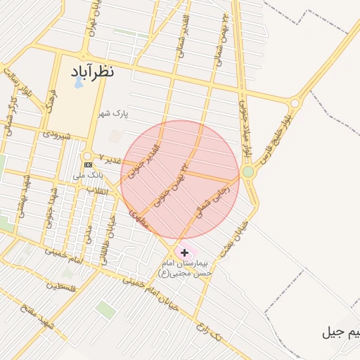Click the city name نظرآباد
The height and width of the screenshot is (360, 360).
pyautogui.click(x=92, y=72)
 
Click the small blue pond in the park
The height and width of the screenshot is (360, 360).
pyautogui.click(x=75, y=84)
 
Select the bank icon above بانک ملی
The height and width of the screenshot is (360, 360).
pyautogui.click(x=87, y=165)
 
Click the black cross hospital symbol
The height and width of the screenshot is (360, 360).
pyautogui.click(x=184, y=252)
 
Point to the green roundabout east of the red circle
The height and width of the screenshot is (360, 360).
pyautogui.click(x=247, y=172)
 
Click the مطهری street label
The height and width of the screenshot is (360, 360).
pyautogui.click(x=139, y=217)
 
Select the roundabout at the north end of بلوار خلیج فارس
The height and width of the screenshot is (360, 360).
pyautogui.click(x=295, y=103)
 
